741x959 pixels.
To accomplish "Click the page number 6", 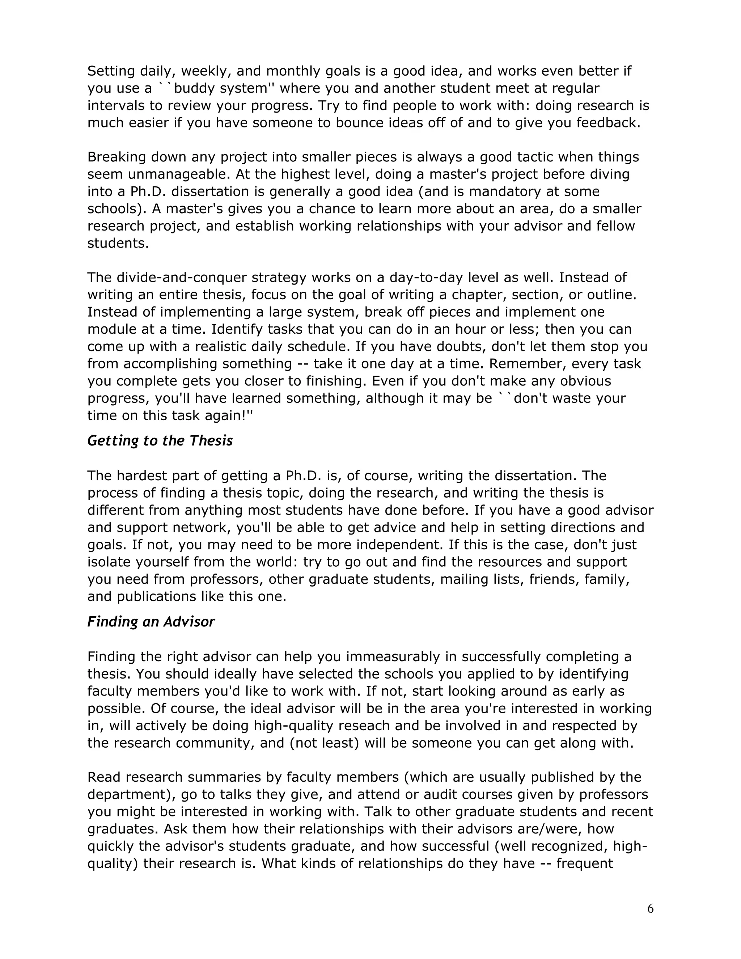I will click(x=650, y=908).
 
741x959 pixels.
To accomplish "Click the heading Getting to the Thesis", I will click(x=160, y=440).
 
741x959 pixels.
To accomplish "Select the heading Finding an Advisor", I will click(x=151, y=621).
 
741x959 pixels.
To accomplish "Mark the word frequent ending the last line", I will click(x=584, y=863).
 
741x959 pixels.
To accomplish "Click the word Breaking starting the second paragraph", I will click(x=116, y=157).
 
